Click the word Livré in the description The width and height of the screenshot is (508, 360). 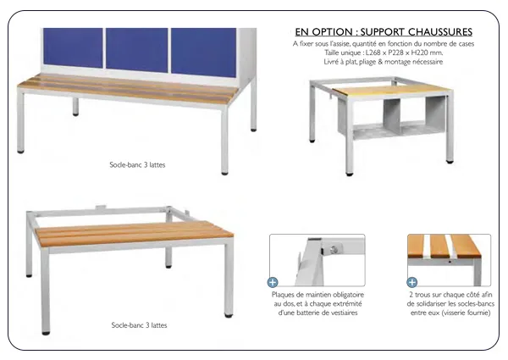click(x=333, y=62)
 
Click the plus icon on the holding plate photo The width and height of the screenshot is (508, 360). click(x=273, y=282)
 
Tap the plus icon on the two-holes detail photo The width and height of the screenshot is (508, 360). click(x=412, y=282)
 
